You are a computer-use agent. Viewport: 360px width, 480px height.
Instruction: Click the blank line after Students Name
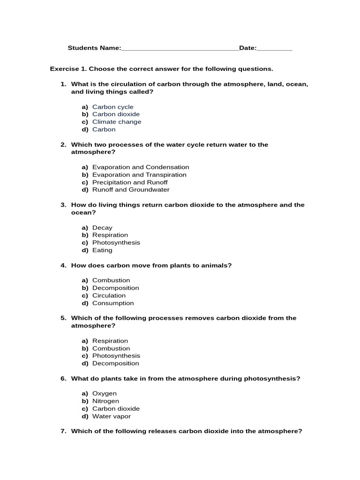click(x=180, y=49)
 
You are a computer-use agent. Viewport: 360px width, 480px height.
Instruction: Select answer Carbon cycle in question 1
click(x=112, y=107)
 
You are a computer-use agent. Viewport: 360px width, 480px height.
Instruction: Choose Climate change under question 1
click(x=116, y=122)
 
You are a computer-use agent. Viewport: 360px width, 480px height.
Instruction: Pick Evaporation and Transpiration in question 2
click(x=139, y=175)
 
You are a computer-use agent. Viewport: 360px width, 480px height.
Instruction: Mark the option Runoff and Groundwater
click(x=131, y=190)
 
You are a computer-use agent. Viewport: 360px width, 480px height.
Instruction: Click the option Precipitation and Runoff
click(x=130, y=182)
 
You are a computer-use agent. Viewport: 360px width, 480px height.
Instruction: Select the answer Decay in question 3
click(x=102, y=228)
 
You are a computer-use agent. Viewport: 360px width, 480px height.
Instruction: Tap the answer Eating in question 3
click(x=102, y=250)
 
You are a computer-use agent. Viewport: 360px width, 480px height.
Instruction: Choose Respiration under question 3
click(x=110, y=235)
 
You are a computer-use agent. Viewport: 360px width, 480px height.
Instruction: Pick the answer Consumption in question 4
click(x=113, y=303)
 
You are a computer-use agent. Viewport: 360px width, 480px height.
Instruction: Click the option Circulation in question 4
click(x=109, y=296)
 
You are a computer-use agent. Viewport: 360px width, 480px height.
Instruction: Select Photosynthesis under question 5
click(x=116, y=356)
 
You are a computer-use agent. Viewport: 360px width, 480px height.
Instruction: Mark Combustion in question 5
click(x=111, y=348)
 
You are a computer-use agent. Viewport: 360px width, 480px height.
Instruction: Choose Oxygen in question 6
click(x=104, y=394)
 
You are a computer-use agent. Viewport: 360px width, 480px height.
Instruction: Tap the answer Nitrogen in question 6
click(x=105, y=401)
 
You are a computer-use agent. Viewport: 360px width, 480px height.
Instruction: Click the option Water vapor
click(x=111, y=416)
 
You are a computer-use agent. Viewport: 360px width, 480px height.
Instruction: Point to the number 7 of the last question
click(x=63, y=431)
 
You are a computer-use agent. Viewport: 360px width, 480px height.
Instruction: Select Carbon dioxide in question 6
click(x=116, y=409)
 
